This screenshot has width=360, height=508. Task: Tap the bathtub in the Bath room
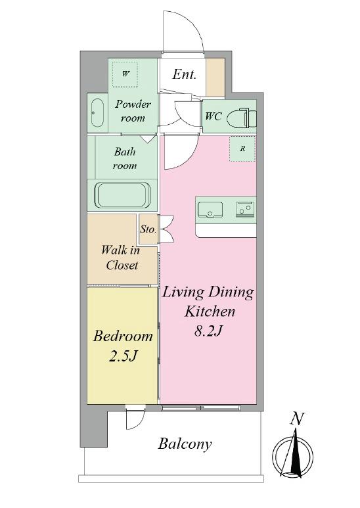pyautogui.click(x=122, y=196)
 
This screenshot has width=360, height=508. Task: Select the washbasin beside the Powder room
pyautogui.click(x=97, y=113)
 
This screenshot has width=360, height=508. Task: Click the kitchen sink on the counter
pyautogui.click(x=210, y=209)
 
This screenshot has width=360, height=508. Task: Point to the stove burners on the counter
pyautogui.click(x=245, y=208)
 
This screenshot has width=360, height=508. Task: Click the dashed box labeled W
pyautogui.click(x=125, y=74)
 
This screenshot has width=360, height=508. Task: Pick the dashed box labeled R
pyautogui.click(x=242, y=149)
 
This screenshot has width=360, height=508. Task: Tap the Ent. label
pyautogui.click(x=184, y=74)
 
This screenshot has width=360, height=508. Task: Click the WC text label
pyautogui.click(x=213, y=116)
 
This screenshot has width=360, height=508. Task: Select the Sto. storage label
pyautogui.click(x=148, y=229)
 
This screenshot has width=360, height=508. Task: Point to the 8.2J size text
pyautogui.click(x=208, y=331)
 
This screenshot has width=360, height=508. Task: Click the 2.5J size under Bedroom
pyautogui.click(x=123, y=356)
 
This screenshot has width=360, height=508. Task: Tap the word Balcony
pyautogui.click(x=185, y=444)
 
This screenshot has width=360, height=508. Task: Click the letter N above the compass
pyautogui.click(x=297, y=419)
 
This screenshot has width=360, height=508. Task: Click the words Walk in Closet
pyautogui.click(x=120, y=258)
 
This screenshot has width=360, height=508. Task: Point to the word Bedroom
pyautogui.click(x=123, y=336)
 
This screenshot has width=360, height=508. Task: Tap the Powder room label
pyautogui.click(x=133, y=111)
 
